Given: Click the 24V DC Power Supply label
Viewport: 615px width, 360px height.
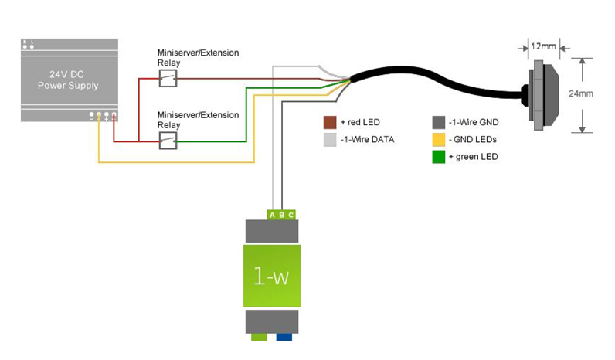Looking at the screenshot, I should click(68, 80).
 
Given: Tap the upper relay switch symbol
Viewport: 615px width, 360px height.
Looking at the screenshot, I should click(168, 77).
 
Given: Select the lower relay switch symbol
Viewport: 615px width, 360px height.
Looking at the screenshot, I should click(168, 141).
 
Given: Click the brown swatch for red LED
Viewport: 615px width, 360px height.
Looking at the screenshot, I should click(329, 122).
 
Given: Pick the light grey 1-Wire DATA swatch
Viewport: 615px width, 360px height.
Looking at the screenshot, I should click(329, 139).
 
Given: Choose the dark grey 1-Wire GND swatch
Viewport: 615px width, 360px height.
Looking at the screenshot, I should click(438, 122).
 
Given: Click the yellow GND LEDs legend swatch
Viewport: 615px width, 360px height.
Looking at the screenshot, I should click(438, 139).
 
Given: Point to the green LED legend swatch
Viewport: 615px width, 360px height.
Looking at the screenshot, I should click(438, 157).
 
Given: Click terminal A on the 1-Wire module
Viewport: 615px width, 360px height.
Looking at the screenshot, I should click(272, 215).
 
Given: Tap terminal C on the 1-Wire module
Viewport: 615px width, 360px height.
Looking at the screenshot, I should click(291, 215).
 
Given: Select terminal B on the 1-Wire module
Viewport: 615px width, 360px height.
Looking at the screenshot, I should click(282, 215).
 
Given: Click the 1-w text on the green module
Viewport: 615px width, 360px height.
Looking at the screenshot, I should click(271, 274).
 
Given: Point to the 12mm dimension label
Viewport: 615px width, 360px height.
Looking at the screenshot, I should click(544, 46).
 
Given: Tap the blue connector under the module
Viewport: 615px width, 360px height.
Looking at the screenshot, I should click(284, 337).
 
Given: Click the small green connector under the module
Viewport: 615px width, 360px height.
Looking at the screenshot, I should click(259, 337).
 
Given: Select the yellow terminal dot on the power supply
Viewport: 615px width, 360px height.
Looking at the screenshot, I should click(99, 115).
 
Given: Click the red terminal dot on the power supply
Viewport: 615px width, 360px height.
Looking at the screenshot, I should click(114, 115).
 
